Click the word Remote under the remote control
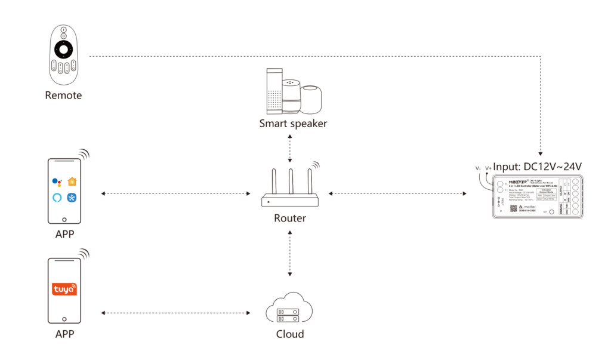click(63, 95)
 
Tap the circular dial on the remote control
click(63, 48)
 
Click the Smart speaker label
click(293, 124)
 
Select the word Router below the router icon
click(290, 218)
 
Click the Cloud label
click(290, 334)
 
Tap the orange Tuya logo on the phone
click(64, 290)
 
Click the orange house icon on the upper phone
click(73, 181)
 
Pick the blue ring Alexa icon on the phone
click(57, 197)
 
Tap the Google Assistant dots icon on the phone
click(57, 181)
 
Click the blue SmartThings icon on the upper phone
click(73, 197)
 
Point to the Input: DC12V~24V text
click(537, 166)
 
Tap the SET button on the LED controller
click(552, 211)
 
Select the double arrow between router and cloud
click(290, 254)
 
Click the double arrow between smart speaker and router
click(290, 147)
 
